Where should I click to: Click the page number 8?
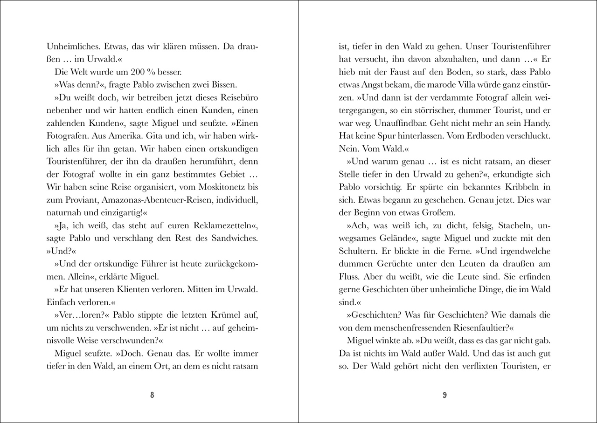[152, 395]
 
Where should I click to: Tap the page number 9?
[444, 395]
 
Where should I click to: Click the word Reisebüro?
[236, 98]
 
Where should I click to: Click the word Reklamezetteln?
[222, 225]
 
